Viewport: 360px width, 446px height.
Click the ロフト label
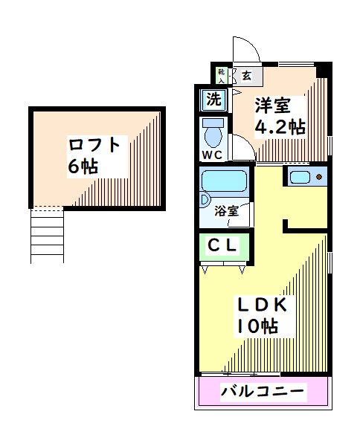[98, 143]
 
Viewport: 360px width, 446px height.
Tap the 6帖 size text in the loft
[83, 167]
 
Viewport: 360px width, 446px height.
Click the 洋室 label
[272, 104]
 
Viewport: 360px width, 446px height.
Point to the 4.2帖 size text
[280, 127]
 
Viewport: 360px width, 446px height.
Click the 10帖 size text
[257, 326]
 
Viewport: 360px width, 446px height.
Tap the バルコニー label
[263, 391]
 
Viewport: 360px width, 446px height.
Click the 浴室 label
[227, 210]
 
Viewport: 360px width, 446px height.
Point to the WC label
[212, 155]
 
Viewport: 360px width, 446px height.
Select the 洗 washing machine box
[213, 98]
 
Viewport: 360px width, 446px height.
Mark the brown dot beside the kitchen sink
[320, 178]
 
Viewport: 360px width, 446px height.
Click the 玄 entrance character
[246, 74]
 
